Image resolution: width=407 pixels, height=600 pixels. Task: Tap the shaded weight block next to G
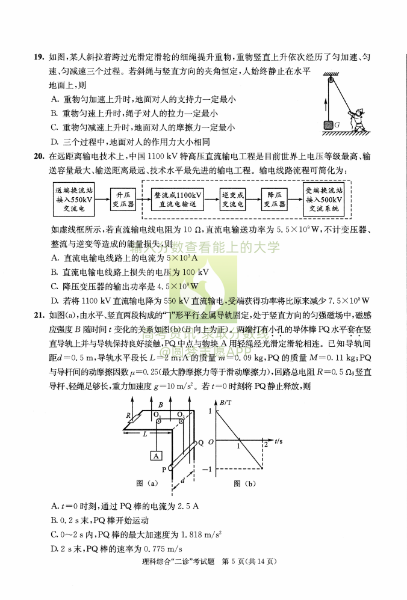pyautogui.click(x=329, y=124)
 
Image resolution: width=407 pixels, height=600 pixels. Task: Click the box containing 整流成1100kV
pyautogui.click(x=178, y=200)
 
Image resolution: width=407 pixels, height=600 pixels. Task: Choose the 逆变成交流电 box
pyautogui.click(x=232, y=200)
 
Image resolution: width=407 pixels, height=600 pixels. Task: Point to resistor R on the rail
pyautogui.click(x=128, y=415)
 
